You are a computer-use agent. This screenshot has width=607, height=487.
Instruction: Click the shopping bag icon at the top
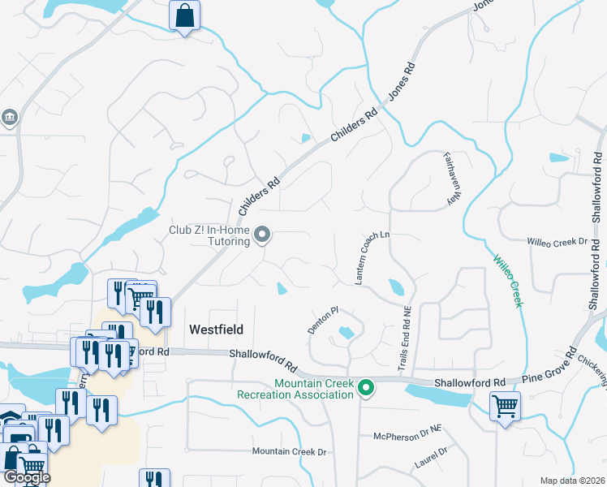pyautogui.click(x=184, y=15)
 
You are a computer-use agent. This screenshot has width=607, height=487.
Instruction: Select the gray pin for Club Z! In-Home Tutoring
pyautogui.click(x=262, y=235)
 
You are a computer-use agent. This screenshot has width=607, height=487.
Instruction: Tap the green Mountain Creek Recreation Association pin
pyautogui.click(x=365, y=389)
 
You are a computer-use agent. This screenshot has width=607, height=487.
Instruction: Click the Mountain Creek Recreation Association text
pyautogui.click(x=295, y=389)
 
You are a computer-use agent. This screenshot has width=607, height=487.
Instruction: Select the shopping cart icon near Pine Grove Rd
pyautogui.click(x=505, y=406)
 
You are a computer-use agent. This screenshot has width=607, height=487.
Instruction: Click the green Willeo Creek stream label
pyautogui.click(x=506, y=281)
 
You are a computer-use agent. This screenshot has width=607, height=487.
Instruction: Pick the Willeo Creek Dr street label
pyautogui.click(x=556, y=242)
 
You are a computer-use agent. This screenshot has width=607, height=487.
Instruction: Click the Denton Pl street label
pyautogui.click(x=322, y=319)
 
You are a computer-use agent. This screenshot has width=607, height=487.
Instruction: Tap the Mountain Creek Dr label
pyautogui.click(x=288, y=451)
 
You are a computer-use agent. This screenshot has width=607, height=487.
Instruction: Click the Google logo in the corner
pyautogui.click(x=27, y=476)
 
